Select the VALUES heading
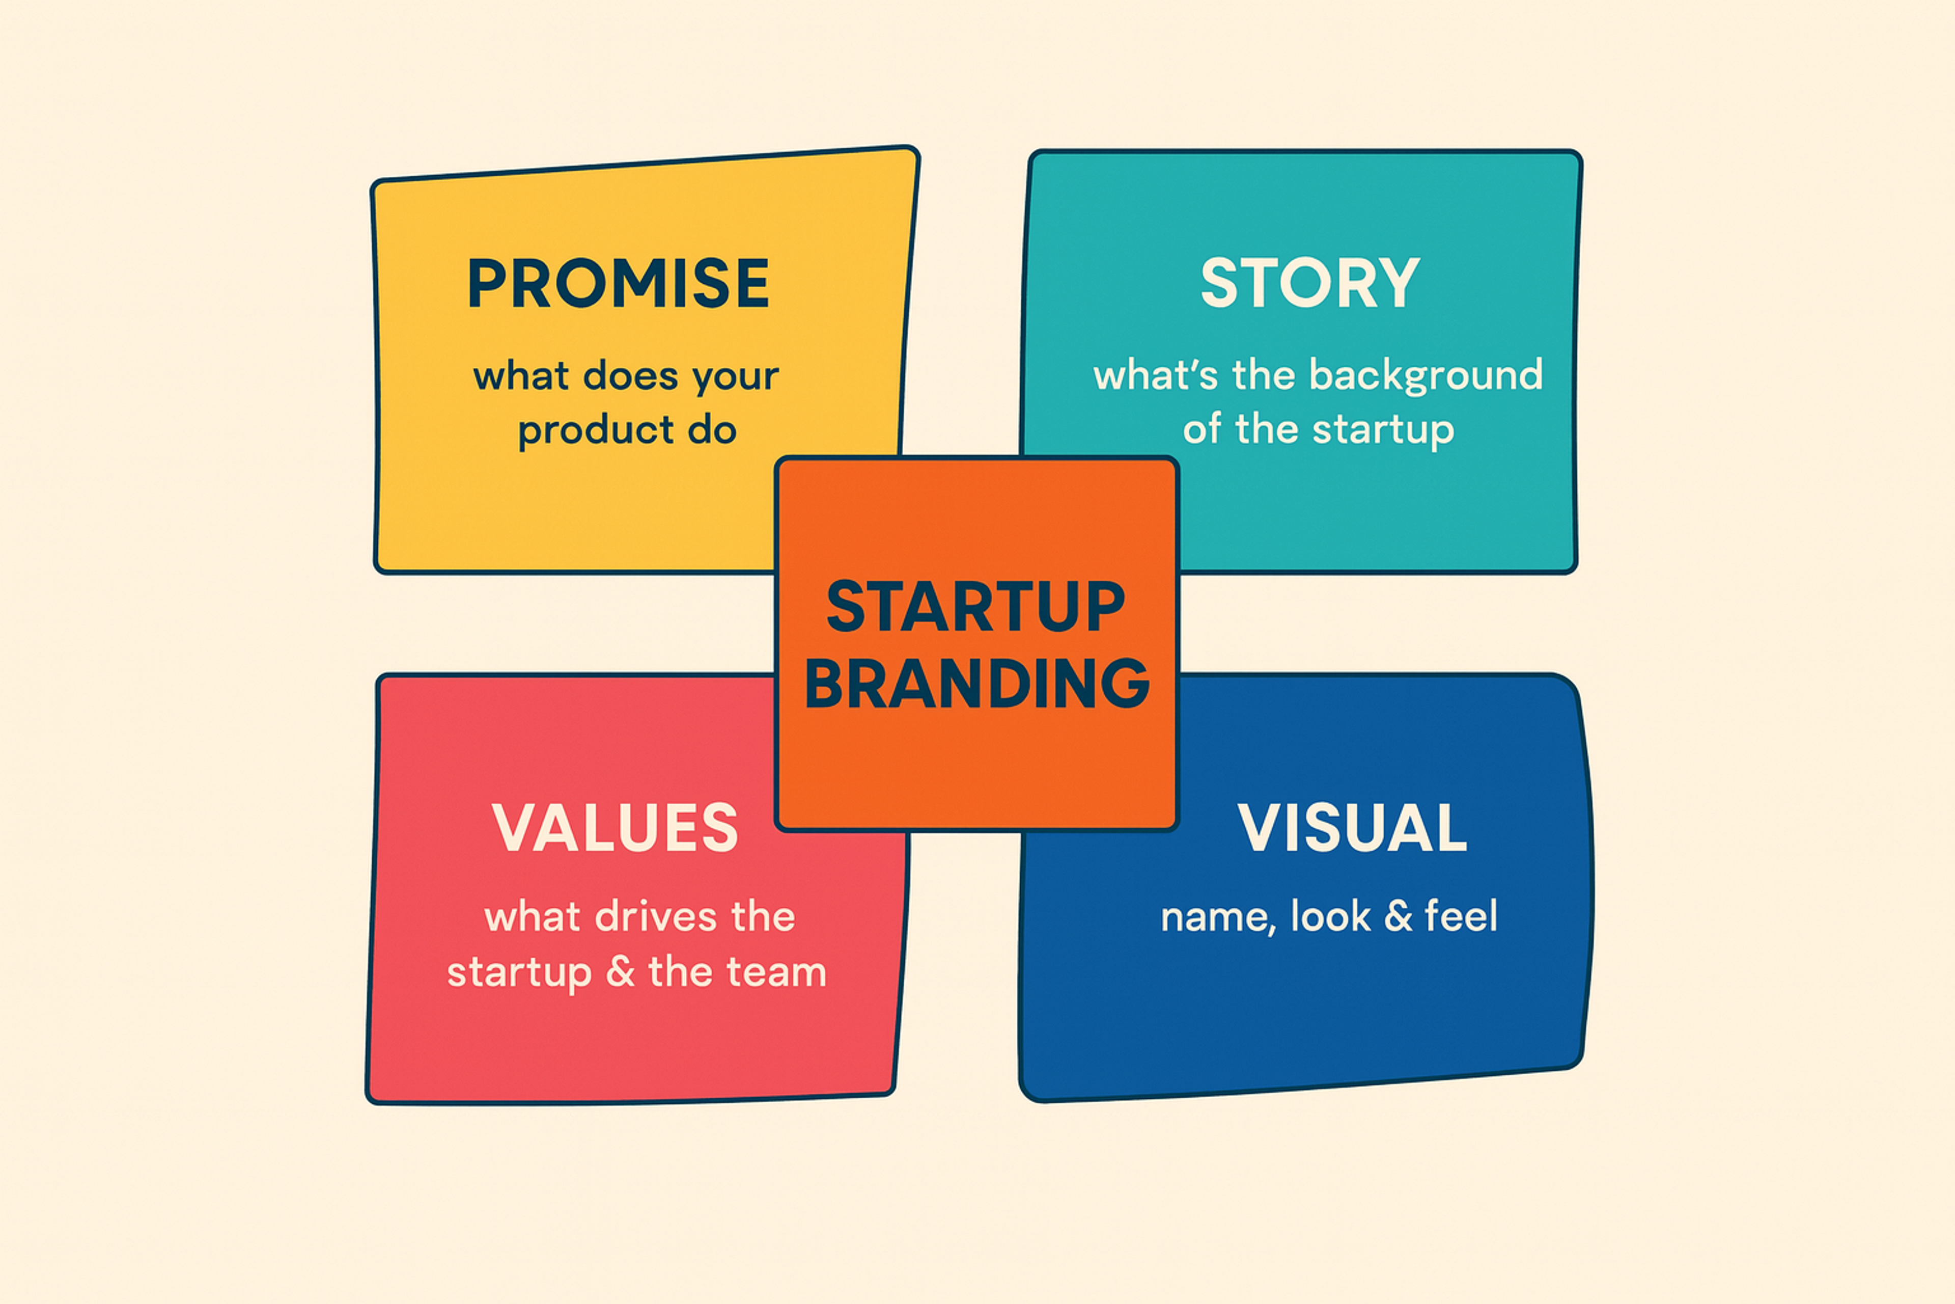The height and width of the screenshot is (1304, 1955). (x=615, y=828)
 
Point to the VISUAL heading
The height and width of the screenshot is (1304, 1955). (x=1352, y=828)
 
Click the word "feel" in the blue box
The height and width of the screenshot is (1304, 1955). (x=1461, y=916)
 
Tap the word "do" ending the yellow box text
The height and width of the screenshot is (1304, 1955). (x=712, y=430)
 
